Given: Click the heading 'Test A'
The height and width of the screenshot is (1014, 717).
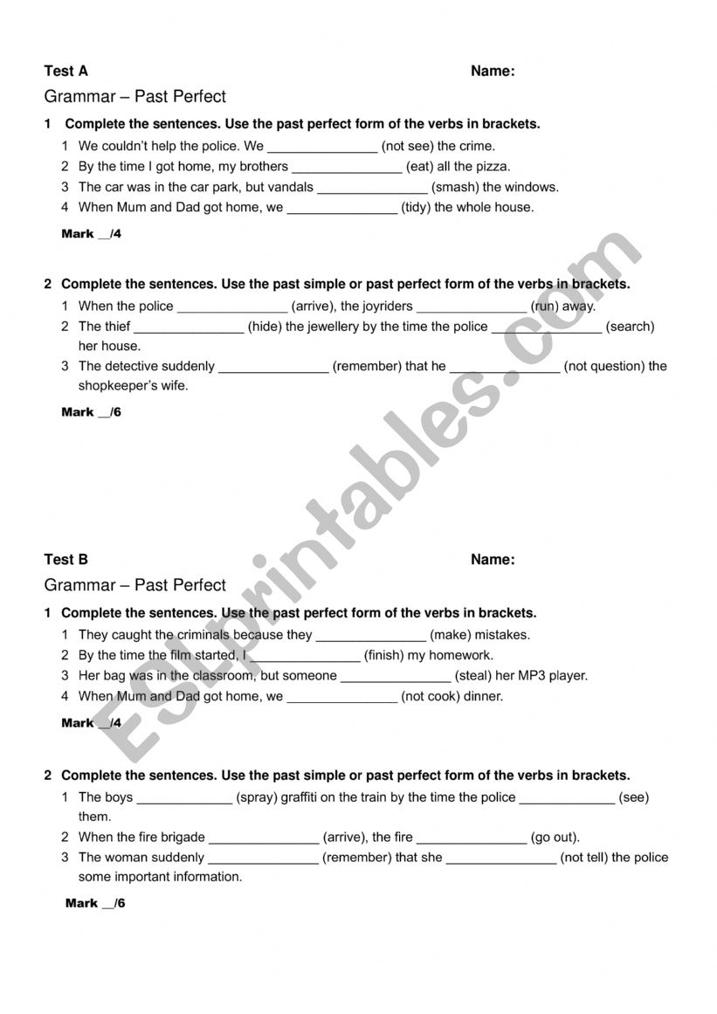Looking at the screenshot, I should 65,72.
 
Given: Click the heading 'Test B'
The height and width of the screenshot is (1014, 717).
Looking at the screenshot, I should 65,560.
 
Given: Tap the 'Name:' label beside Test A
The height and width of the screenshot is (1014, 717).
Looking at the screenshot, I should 493,72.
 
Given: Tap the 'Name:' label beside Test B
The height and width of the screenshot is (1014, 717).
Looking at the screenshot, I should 493,560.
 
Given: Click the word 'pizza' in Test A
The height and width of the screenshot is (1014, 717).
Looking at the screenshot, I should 492,166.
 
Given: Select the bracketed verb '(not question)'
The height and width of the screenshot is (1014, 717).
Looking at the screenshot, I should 604,366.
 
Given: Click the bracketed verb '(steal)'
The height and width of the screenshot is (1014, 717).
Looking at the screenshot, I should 473,675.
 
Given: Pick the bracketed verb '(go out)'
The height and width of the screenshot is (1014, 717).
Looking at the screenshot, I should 555,837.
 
